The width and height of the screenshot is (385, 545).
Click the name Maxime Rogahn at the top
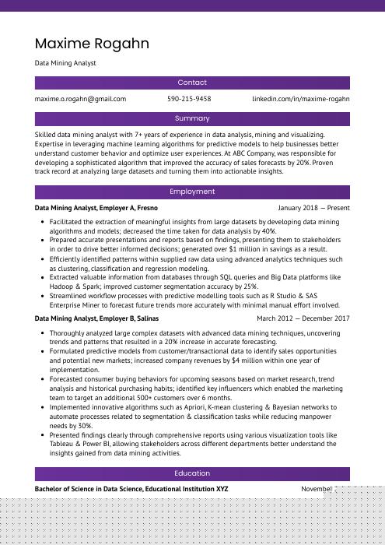coord(92,43)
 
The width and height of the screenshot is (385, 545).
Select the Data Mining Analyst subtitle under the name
coord(65,63)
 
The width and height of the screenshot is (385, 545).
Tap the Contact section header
coord(192,83)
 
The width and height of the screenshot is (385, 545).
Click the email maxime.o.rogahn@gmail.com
coord(80,100)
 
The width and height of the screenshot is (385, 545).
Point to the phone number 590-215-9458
coord(189,100)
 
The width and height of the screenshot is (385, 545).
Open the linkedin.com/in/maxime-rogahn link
coord(301,100)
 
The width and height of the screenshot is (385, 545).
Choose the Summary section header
coord(192,119)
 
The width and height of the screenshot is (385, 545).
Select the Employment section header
coord(192,192)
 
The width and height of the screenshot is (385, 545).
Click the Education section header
coord(192,473)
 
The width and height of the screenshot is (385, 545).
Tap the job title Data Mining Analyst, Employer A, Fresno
coord(96,209)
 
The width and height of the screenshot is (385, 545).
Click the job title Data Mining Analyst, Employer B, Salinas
coord(97,318)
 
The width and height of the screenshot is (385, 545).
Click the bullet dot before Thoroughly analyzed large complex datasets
coord(41,333)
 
